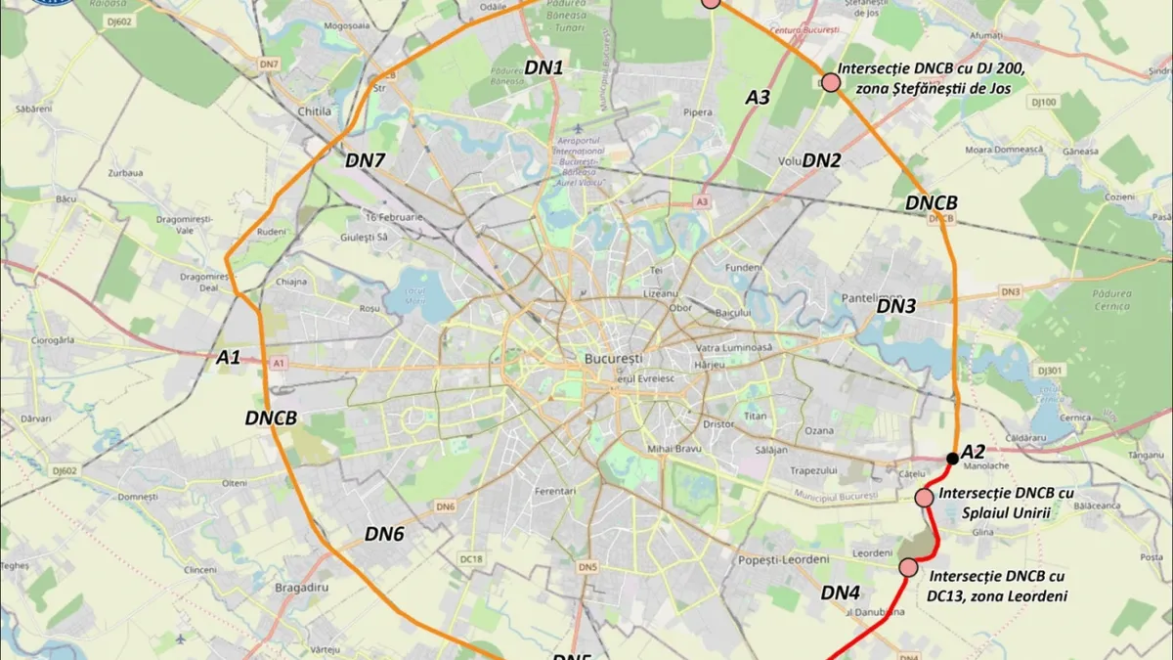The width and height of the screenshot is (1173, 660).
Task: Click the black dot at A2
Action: tap(952, 458)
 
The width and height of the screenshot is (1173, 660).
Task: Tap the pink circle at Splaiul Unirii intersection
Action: tap(924, 498)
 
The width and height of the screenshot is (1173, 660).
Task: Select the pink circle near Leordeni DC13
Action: tap(909, 567)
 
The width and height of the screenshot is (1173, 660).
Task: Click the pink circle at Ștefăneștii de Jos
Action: tap(831, 83)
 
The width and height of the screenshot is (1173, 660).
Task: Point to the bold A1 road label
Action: tap(228, 359)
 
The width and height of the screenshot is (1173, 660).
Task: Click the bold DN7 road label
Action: tap(366, 160)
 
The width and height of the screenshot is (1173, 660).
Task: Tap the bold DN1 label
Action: tap(544, 67)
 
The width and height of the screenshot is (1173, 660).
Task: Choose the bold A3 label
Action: tap(759, 97)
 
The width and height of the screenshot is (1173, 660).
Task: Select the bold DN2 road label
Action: tap(821, 160)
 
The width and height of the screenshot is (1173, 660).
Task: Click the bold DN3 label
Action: tap(895, 306)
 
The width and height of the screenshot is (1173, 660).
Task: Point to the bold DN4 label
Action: tap(841, 593)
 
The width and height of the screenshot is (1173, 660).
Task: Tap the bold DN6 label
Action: tap(384, 534)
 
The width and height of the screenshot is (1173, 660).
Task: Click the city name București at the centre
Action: tap(613, 359)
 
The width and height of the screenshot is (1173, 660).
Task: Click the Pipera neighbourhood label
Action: tap(698, 112)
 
